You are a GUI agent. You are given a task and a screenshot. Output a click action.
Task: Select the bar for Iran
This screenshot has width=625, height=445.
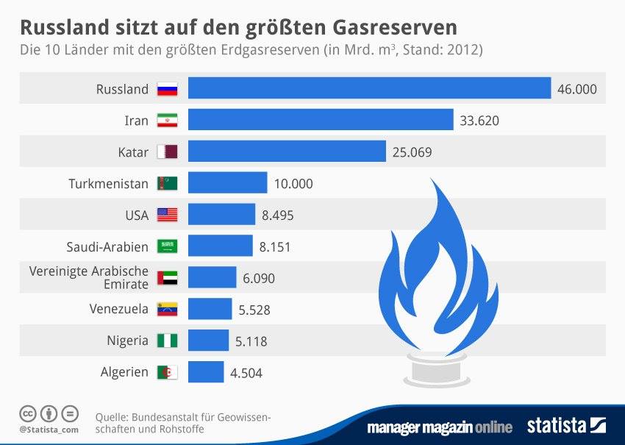coord(321,120)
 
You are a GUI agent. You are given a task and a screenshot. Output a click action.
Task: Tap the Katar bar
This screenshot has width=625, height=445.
coord(287,152)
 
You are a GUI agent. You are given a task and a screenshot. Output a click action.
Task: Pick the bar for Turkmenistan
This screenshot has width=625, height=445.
coord(227,183)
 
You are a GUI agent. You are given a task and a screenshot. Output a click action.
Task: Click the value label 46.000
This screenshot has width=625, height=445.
coord(577,89)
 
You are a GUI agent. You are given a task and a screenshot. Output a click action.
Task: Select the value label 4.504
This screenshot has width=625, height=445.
coord(246,373)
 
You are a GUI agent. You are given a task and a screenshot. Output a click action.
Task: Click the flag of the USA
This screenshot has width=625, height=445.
coord(168,215)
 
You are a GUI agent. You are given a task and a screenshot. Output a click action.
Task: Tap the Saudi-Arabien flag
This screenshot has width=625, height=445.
coord(168,246)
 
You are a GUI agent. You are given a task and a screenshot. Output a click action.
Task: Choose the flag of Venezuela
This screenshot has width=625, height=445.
coord(168,309)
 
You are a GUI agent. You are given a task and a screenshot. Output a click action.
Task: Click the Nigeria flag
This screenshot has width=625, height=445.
coord(168,341)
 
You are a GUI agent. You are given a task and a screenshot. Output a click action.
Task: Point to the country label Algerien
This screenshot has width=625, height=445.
coord(124,372)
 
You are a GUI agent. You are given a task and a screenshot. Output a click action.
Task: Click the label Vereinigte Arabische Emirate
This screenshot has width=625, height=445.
coord(89,277)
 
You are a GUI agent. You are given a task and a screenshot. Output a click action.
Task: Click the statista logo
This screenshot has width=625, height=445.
coord(565,425)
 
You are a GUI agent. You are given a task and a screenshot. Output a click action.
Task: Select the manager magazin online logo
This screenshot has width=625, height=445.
coord(440,427)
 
